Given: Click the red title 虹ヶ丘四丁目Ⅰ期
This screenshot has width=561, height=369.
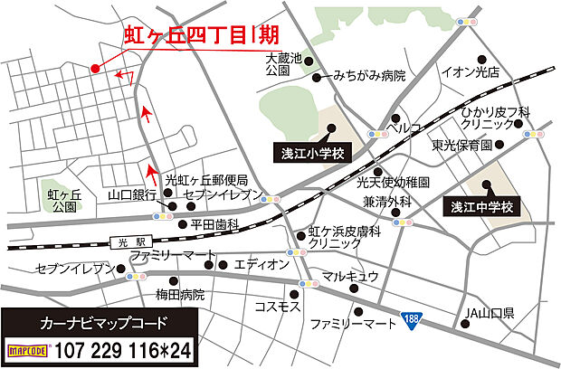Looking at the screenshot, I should tap(199, 34).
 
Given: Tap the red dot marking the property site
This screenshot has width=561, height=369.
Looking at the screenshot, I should tap(94, 68).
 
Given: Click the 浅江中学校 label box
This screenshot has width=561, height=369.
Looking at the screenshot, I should tap(482, 208).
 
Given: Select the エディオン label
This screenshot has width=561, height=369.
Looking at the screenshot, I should tap(261, 264).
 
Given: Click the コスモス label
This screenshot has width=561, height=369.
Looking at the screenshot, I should tap(278, 307).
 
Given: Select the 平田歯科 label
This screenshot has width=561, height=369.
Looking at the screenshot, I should tap(214, 223).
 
